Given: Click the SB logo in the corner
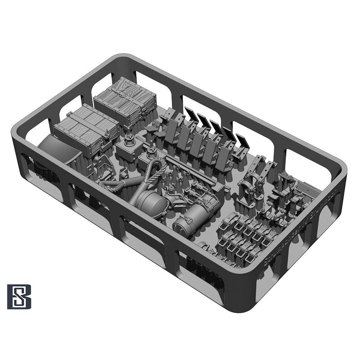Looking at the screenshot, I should click(x=19, y=297).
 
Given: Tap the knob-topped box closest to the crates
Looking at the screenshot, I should click(x=128, y=148).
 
